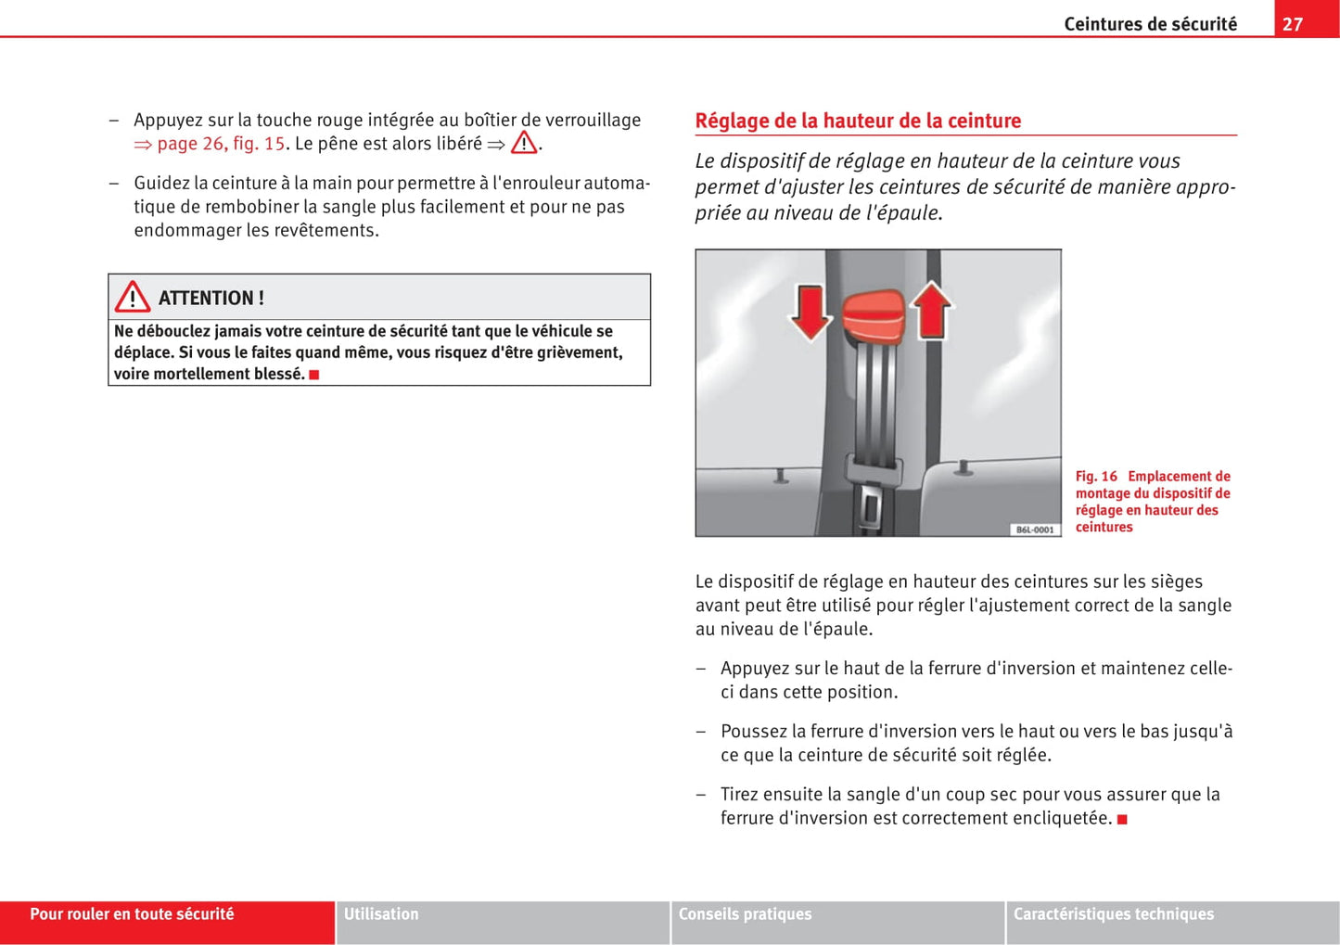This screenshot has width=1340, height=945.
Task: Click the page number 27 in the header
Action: point(1293,24)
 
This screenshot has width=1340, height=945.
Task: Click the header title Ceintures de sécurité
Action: point(1150,24)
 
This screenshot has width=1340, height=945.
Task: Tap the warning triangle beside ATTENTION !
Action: point(133,298)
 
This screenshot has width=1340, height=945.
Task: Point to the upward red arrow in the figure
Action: point(932,311)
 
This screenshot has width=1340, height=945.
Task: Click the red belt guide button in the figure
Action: point(873,314)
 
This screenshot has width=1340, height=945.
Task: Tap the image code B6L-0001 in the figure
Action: point(1034,529)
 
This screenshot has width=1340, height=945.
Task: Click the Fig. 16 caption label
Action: point(1096,477)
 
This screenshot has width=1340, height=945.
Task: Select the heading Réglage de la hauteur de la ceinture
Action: point(858,121)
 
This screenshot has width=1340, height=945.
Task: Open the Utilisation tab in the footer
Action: point(381,914)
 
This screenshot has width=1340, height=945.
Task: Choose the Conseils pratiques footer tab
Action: point(745,914)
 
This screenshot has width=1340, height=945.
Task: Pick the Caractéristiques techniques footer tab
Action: point(1113,914)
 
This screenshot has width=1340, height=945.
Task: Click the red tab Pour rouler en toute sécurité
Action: point(132,914)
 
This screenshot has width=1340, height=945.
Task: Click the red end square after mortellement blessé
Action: point(314,375)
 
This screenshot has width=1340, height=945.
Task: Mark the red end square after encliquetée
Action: point(1122,819)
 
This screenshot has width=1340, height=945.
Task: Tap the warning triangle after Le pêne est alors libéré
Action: point(524,143)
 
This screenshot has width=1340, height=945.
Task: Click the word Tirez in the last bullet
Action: point(742,795)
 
